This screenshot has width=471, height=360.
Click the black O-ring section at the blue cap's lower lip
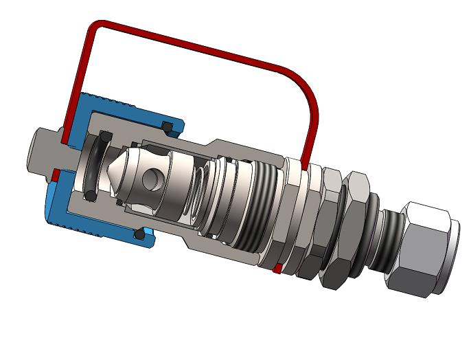click(139, 235)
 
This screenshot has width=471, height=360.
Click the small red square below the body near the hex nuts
click(277, 267)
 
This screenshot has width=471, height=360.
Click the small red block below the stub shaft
click(52, 172)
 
